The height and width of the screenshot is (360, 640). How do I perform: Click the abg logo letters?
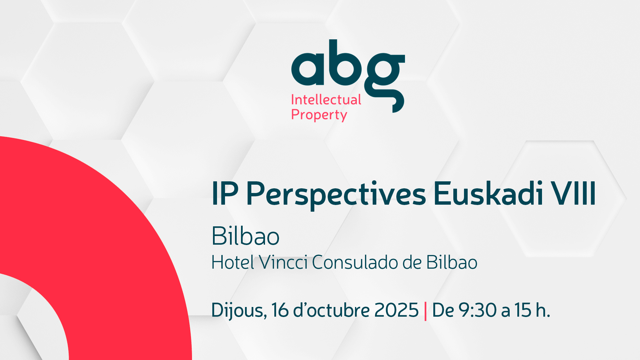pos(348,76)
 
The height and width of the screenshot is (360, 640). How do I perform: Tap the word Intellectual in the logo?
pos(326,100)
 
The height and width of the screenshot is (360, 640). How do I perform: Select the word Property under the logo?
pos(319,115)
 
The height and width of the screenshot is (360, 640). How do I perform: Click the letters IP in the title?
pos(225,194)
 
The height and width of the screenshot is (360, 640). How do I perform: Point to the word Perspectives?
pos(336,195)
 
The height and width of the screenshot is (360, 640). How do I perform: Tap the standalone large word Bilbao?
pos(245,236)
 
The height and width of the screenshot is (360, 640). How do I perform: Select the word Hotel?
pos(233,262)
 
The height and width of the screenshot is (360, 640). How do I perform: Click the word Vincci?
pos(283,262)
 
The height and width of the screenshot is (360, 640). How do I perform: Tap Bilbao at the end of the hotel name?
pos(452,262)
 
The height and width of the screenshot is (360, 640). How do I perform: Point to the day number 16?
pos(280,310)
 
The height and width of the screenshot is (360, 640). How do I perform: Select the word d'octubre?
pos(331,310)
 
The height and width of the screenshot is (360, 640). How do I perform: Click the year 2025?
pos(396,310)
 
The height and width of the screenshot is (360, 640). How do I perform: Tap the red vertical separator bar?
pos(425,311)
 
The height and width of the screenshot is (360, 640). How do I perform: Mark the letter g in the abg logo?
pos(384,83)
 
